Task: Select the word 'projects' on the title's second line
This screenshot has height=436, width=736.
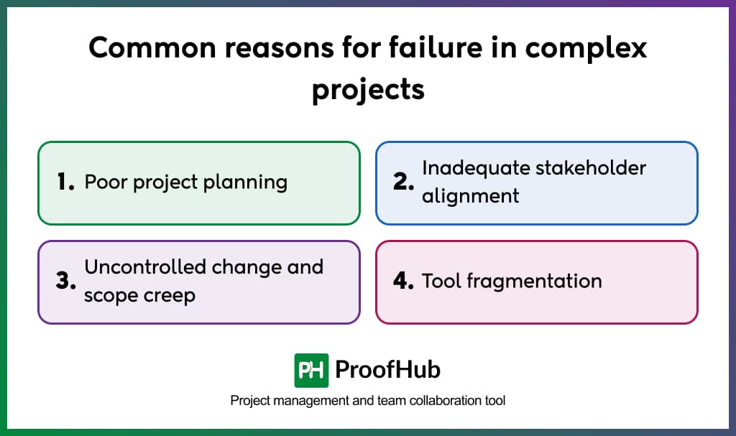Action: coord(368,91)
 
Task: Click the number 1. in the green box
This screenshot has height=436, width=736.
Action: coord(66,182)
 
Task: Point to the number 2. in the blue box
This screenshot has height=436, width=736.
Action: coord(404,182)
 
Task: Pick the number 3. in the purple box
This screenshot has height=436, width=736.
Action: coord(66,281)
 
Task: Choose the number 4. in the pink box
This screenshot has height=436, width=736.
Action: coord(404,281)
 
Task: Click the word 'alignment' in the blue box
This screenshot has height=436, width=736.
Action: coord(470,196)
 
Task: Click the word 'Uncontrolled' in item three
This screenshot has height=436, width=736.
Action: coord(142,267)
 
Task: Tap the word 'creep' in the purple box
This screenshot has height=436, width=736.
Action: coord(170,295)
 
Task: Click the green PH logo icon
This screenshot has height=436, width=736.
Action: coord(311,371)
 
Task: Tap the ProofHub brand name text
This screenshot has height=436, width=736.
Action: coord(388,370)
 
